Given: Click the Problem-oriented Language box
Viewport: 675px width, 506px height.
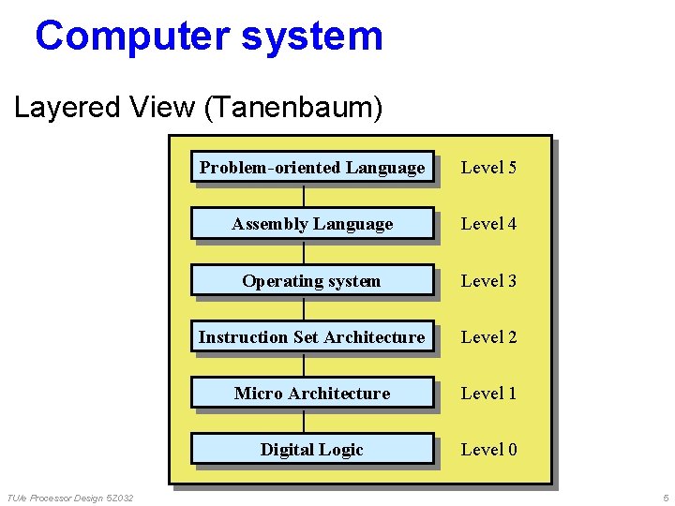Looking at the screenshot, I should (x=312, y=168).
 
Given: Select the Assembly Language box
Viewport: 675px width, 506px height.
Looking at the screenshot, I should (x=312, y=224).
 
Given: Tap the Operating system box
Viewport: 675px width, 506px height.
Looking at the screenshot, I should (x=312, y=280).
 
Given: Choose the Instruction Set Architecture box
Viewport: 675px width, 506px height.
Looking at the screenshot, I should (x=312, y=336).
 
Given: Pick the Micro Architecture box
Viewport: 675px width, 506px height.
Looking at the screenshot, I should (x=312, y=393).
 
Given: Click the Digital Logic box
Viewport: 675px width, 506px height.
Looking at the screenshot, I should (x=312, y=449).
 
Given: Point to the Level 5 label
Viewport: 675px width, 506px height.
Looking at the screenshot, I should (x=488, y=168).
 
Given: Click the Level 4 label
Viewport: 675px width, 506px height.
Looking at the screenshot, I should (x=488, y=224).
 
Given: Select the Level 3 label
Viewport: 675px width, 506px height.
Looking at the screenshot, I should (x=488, y=280).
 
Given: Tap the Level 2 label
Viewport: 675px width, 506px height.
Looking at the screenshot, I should (x=488, y=336).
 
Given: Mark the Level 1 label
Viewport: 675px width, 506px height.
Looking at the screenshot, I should (x=488, y=393).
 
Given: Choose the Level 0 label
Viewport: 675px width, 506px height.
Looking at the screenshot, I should (x=488, y=449).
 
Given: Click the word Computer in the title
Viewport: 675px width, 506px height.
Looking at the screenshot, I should (x=130, y=36).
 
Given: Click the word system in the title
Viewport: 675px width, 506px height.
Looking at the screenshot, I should (x=312, y=36).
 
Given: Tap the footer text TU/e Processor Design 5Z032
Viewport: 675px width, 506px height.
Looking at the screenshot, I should (x=69, y=497).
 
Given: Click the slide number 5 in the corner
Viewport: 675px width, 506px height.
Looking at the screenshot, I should (x=665, y=497).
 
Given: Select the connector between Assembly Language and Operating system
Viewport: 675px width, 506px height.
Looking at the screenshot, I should (x=304, y=253).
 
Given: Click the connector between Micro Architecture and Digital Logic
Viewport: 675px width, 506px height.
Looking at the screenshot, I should (x=304, y=422).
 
